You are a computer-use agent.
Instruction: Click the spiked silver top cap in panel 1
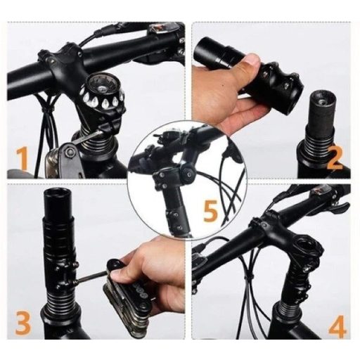(x=102, y=92)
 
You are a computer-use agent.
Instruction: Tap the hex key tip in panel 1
(x=102, y=132)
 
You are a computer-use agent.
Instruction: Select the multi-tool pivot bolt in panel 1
(x=68, y=153)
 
